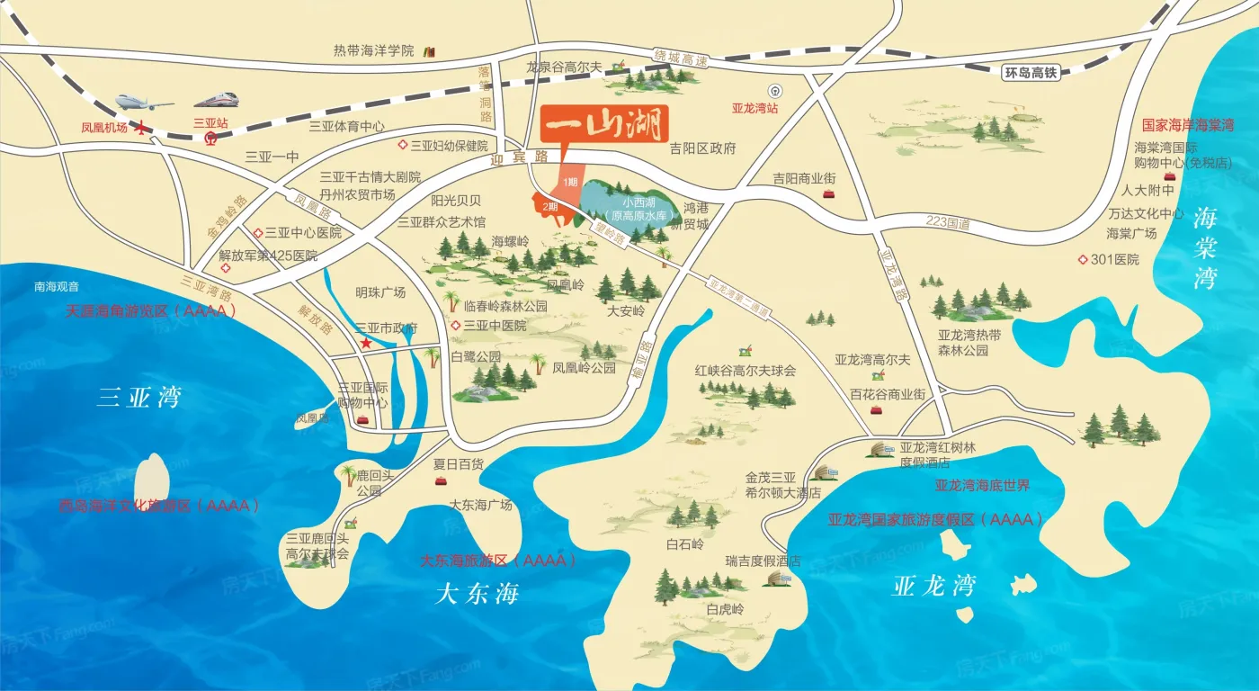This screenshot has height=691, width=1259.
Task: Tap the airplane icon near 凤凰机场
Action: (143, 102)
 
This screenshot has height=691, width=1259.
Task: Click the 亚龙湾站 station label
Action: (754, 108)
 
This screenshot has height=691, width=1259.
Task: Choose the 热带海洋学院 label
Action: (373, 50)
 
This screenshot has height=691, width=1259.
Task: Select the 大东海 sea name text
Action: (478, 594)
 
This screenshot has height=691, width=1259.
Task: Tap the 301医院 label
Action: (1114, 259)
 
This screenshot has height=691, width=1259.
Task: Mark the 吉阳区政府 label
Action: (702, 148)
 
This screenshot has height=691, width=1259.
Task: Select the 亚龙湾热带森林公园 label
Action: (963, 342)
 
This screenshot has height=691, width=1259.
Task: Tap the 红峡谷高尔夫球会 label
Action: (745, 371)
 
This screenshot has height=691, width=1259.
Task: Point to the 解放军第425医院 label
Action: (268, 256)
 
